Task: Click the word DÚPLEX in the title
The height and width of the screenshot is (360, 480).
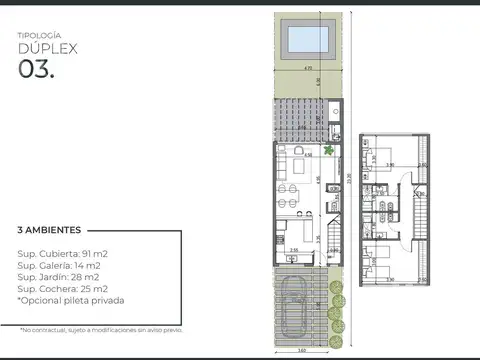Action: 48,48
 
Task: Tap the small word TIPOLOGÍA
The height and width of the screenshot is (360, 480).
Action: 39,34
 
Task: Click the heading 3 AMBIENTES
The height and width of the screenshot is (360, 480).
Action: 50,229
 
